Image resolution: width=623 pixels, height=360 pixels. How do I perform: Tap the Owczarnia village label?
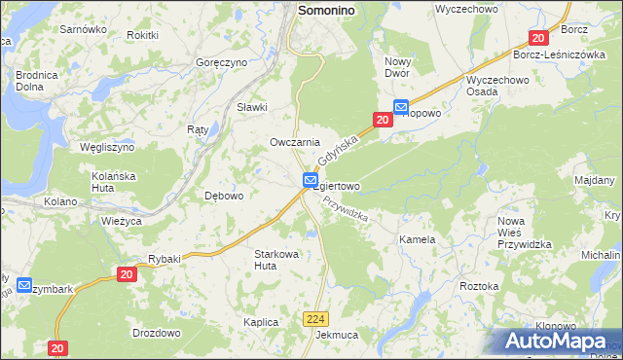295,142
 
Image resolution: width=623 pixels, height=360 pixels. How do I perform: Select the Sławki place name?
252,107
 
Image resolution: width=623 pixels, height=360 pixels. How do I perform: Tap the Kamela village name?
417,238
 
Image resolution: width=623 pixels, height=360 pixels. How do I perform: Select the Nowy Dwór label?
404,67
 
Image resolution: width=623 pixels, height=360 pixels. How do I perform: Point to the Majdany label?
594,181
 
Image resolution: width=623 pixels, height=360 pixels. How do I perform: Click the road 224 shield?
314,318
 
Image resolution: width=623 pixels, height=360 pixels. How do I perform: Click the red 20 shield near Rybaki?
127,275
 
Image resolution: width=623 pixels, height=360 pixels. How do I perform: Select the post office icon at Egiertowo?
310,180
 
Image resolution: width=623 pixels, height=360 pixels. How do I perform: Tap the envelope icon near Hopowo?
401,107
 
